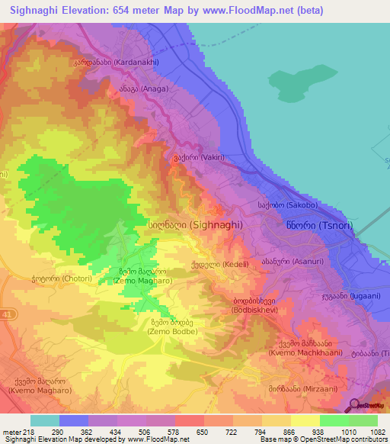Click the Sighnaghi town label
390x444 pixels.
(195, 225)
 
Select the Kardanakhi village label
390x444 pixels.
(107, 63)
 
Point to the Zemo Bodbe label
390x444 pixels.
(173, 327)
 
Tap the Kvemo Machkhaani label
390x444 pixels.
(303, 346)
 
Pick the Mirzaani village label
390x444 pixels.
(309, 388)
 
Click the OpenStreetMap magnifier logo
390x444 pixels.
(356, 405)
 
